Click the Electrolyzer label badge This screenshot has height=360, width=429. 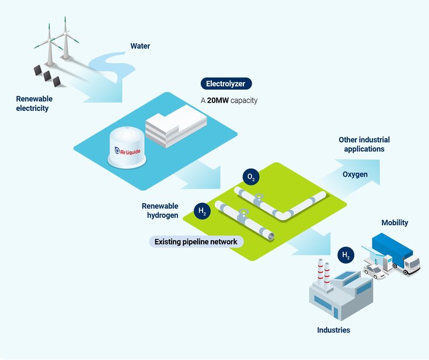pos(226,84)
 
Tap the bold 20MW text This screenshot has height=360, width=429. pos(218,100)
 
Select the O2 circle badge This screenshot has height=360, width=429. pos(250,177)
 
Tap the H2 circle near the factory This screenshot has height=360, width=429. pos(346,255)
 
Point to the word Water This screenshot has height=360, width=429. pos(140,46)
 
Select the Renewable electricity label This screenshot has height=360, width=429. pos(32,103)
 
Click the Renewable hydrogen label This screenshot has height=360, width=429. pos(160,210)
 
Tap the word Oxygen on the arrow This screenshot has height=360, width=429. pos(355,174)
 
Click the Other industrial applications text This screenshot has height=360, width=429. pos(364,144)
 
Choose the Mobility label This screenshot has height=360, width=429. pos(395,223)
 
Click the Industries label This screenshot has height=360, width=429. pos(333,330)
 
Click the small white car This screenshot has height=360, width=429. pos(375,271)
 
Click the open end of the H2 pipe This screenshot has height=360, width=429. pos(269,235)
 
